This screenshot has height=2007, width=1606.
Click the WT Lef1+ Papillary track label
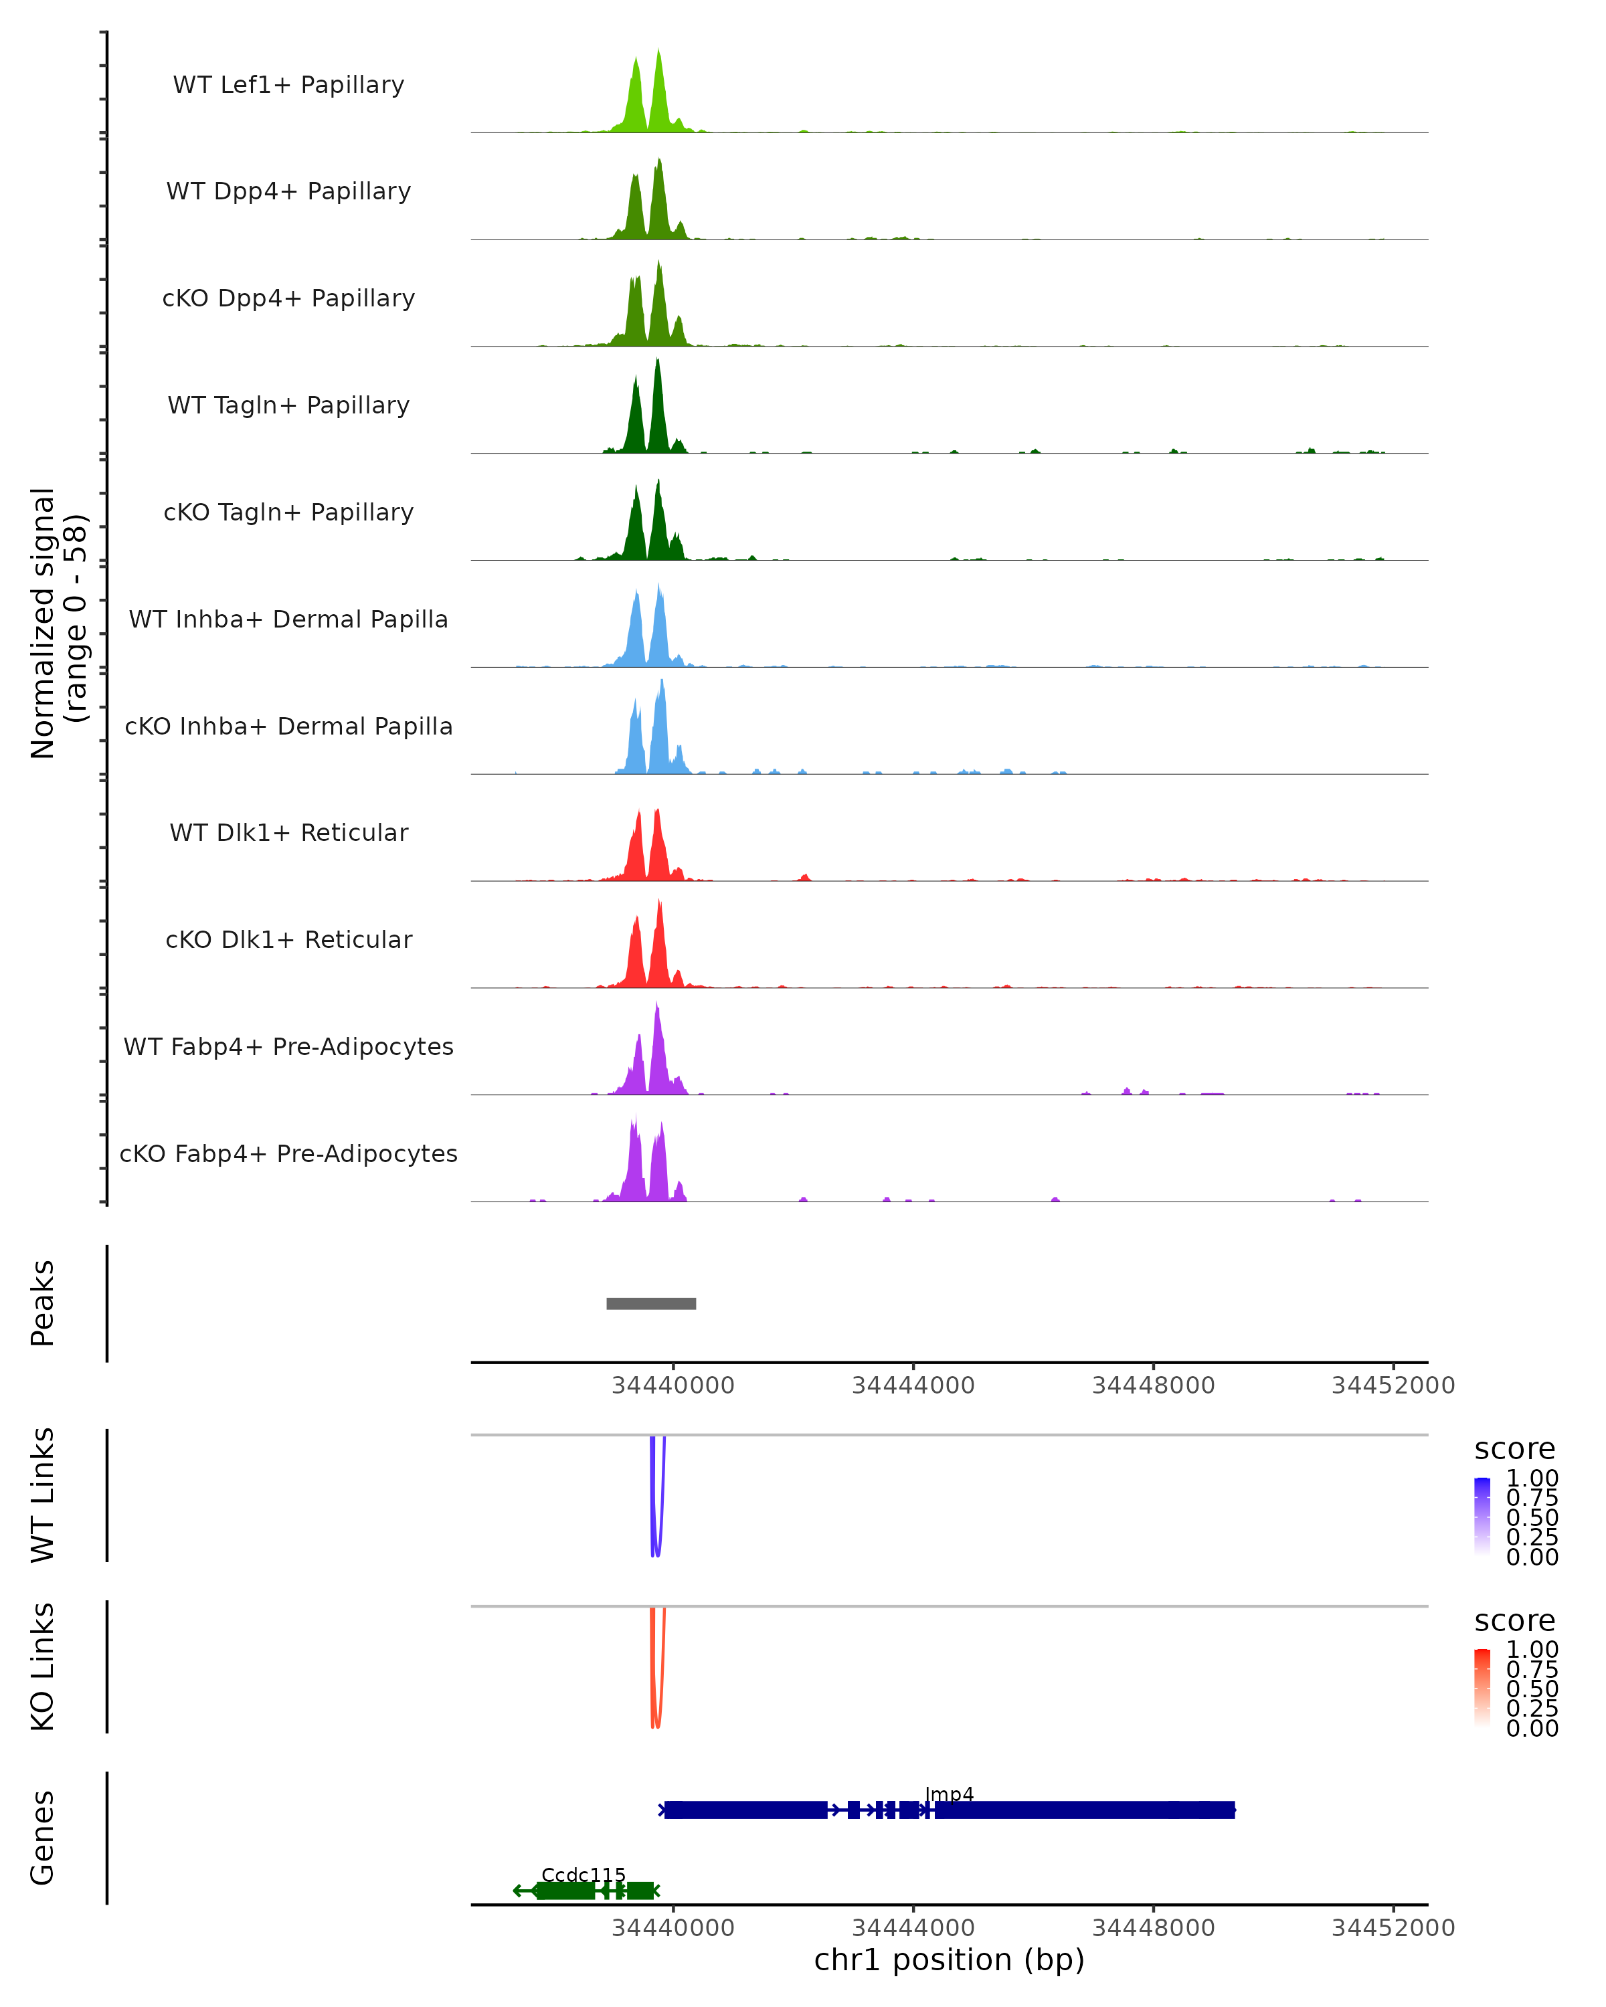click(x=288, y=85)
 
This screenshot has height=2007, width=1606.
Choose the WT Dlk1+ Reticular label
click(x=288, y=832)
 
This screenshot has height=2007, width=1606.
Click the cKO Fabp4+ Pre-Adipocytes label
click(x=288, y=1153)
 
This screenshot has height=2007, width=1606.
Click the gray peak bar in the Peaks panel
click(x=651, y=1303)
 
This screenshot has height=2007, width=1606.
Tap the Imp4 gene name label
click(x=949, y=1794)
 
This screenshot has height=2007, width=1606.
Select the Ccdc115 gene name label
click(x=583, y=1875)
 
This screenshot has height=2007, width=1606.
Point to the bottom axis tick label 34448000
click(x=1152, y=1928)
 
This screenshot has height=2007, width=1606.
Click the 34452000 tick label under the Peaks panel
click(x=1393, y=1385)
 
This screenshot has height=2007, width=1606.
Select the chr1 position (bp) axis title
click(x=949, y=1960)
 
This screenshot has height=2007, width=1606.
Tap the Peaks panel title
click(x=43, y=1303)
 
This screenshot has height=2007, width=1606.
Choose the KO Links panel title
click(x=43, y=1666)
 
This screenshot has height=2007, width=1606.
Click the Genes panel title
click(x=43, y=1838)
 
